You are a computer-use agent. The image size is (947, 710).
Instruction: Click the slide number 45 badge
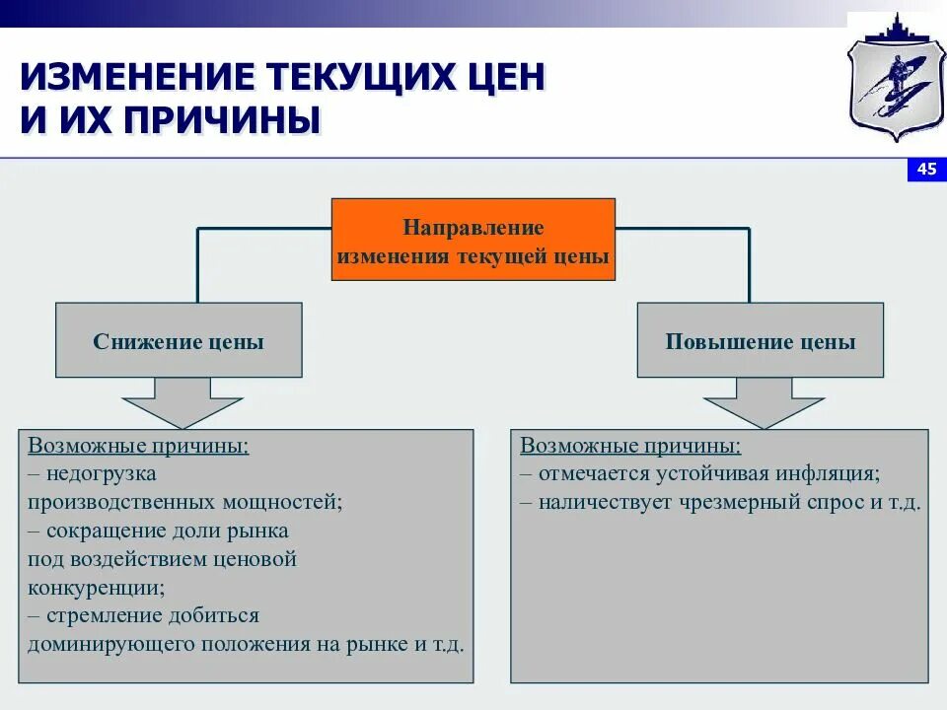pos(926,170)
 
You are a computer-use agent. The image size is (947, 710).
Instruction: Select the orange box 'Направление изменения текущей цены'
pos(473,240)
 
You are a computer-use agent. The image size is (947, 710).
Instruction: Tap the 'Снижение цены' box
pos(179,341)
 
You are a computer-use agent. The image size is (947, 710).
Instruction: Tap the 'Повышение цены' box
pos(760,341)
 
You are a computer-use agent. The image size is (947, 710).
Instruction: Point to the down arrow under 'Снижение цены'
pos(182,403)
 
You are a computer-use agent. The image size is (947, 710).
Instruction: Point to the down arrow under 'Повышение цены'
pos(764,403)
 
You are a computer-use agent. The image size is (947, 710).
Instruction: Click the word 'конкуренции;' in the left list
pos(97,588)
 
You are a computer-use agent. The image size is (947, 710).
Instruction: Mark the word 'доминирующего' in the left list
pos(112,645)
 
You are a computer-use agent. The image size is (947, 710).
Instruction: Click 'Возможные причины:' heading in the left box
pos(138,445)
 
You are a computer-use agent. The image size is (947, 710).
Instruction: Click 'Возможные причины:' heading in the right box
pos(630,445)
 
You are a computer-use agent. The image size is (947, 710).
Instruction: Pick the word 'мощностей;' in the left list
pos(286,502)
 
